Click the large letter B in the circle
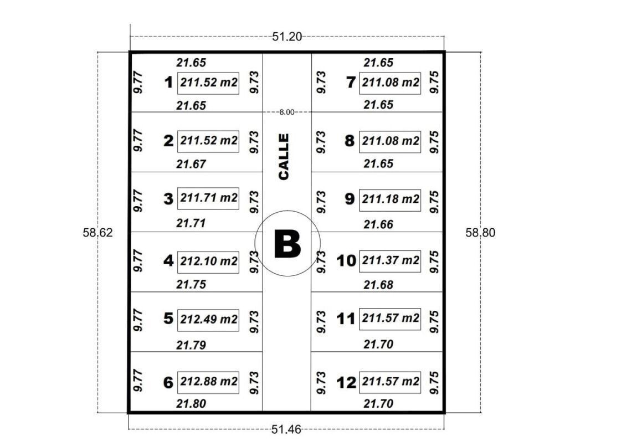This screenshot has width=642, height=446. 287,244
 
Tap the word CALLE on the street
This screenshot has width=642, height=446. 283,156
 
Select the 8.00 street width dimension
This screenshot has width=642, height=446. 286,112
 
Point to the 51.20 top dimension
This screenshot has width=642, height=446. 287,37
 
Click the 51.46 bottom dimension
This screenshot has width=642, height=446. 286,429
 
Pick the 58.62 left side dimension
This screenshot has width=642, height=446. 97,233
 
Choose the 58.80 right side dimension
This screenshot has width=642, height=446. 480,233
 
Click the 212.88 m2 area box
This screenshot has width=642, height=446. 208,382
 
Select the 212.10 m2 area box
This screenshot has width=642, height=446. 208,262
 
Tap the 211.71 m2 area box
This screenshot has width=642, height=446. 208,198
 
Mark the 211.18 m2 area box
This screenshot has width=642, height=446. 390,200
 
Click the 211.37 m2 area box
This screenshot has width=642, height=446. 390,261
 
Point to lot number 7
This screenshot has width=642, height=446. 351,83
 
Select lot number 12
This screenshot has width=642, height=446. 346,383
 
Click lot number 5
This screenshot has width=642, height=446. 168,319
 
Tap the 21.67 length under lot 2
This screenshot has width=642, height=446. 191,164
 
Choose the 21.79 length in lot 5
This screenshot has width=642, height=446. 191,345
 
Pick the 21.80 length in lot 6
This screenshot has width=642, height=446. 191,404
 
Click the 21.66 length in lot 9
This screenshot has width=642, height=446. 378,224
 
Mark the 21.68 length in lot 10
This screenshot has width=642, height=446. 378,285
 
